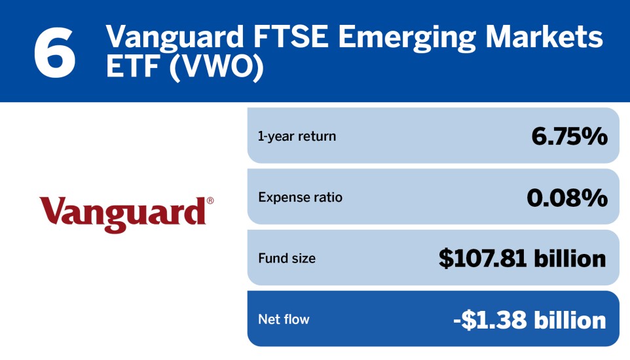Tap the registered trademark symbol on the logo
pyautogui.click(x=210, y=202)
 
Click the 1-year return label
pyautogui.click(x=297, y=136)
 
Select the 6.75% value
pyautogui.click(x=569, y=136)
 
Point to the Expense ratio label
pyautogui.click(x=301, y=197)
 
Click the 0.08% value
pyautogui.click(x=567, y=197)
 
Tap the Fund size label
pyautogui.click(x=287, y=258)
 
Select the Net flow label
pyautogui.click(x=284, y=319)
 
